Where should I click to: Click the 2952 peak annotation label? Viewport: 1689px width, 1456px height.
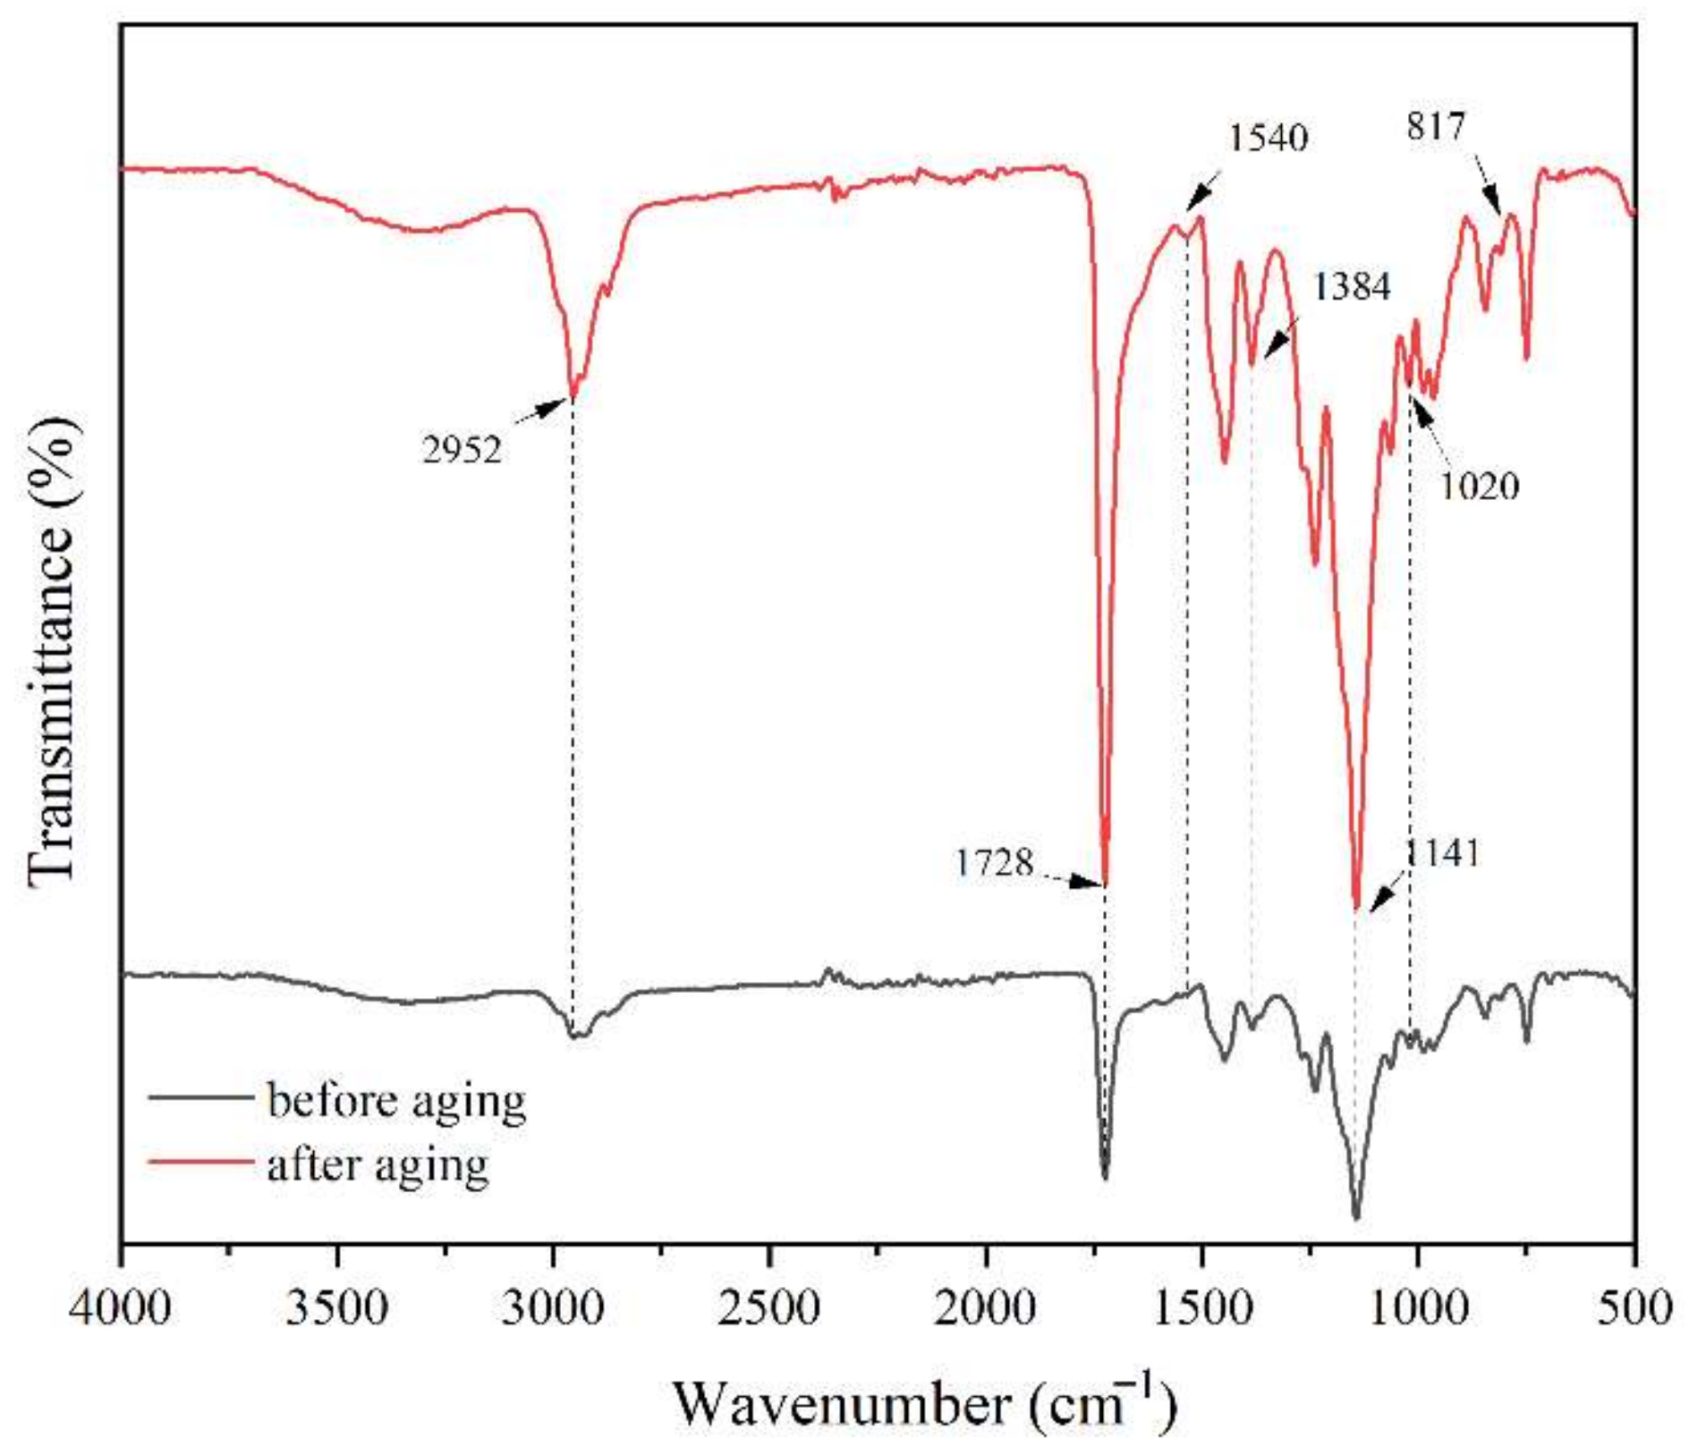pos(462,449)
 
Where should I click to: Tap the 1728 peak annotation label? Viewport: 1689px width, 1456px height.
pos(994,863)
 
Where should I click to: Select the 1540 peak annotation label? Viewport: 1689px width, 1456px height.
pos(1268,138)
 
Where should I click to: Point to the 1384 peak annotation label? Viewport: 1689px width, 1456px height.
pos(1351,286)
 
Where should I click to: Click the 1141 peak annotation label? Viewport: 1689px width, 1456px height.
pos(1443,852)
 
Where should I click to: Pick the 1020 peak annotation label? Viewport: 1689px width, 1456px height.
pos(1480,486)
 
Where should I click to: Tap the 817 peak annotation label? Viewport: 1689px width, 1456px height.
pos(1436,126)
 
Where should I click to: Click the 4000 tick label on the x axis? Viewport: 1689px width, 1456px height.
pos(122,1308)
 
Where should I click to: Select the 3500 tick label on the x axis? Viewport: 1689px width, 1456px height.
pos(338,1308)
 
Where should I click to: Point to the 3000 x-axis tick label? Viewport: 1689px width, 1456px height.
pos(555,1308)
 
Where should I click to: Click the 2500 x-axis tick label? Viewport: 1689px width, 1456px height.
pos(770,1308)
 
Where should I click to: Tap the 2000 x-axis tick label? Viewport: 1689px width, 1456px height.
pos(987,1308)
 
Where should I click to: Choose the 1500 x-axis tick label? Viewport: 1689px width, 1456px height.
pos(1202,1308)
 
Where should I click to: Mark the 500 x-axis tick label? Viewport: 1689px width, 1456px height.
pos(1635,1308)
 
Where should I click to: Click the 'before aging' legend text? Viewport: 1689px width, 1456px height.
pos(396,1099)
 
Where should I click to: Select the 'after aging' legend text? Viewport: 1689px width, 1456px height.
pos(378,1164)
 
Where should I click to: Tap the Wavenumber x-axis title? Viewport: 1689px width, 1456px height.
pos(924,1402)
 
